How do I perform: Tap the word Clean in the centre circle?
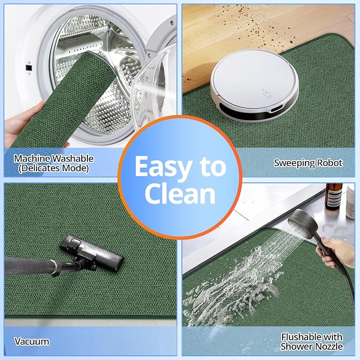coord(180,194)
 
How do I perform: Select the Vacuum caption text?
coord(32,341)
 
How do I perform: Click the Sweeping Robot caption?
coord(308,163)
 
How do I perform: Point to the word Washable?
coord(73,159)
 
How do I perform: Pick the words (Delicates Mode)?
coord(54,168)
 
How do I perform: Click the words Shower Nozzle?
coord(312,346)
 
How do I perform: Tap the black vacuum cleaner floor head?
coord(91,252)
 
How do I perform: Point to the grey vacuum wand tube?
coord(31,267)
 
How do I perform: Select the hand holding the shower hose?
coord(336,252)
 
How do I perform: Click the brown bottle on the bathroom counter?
coord(334,197)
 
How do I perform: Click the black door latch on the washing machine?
coord(29,68)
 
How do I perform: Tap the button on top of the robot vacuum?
coord(267,94)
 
